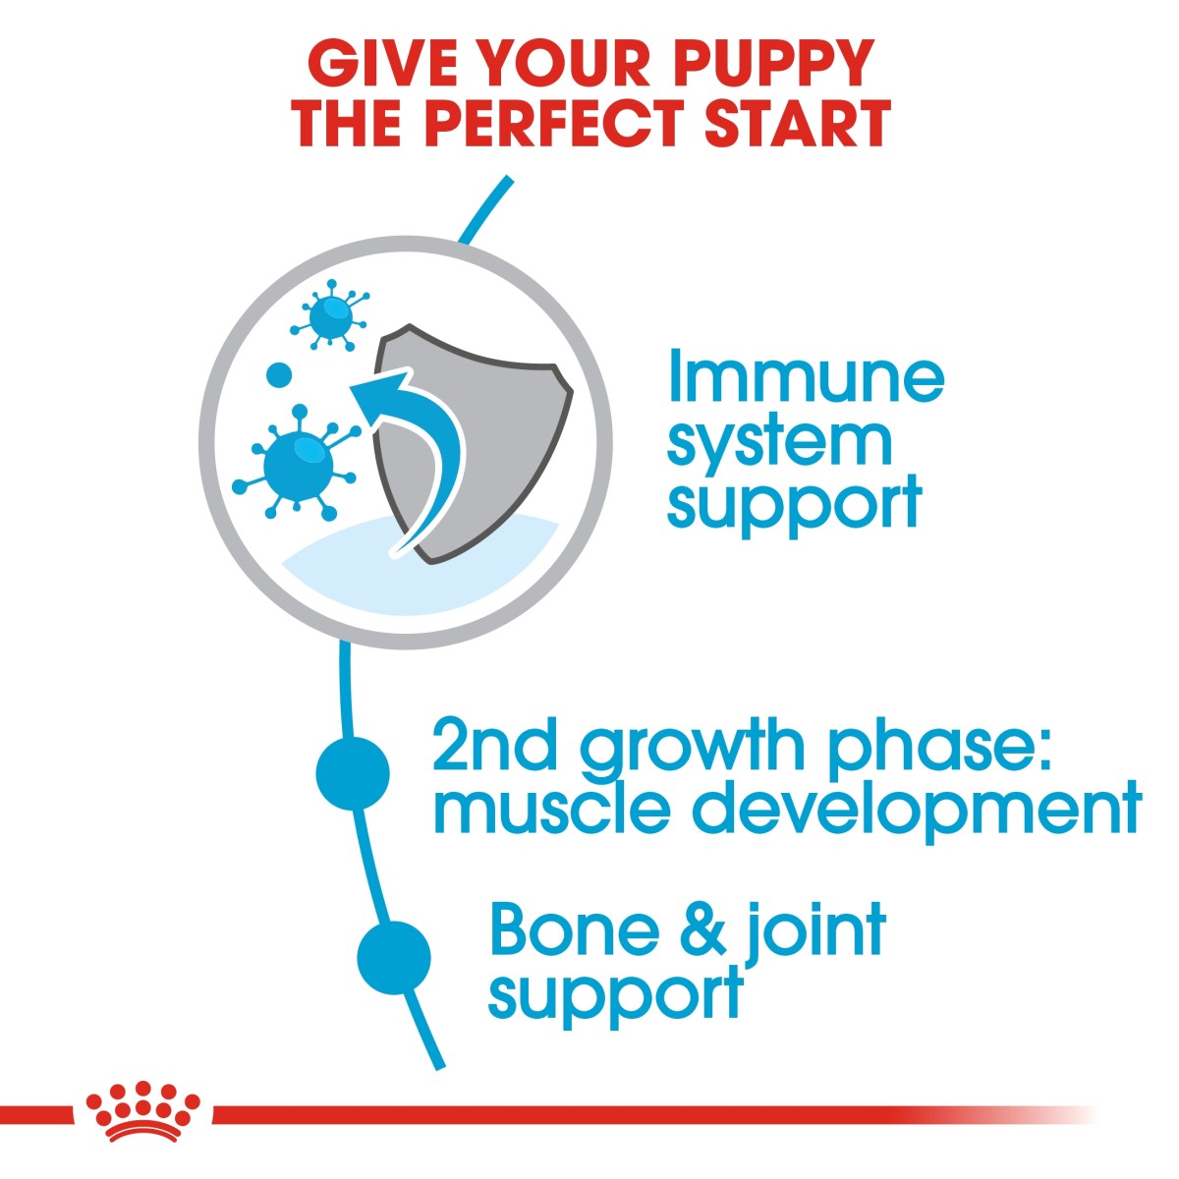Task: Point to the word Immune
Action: click(806, 377)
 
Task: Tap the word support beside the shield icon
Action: click(794, 505)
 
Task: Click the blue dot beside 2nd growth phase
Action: click(353, 773)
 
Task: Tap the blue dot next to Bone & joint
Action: click(394, 956)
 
